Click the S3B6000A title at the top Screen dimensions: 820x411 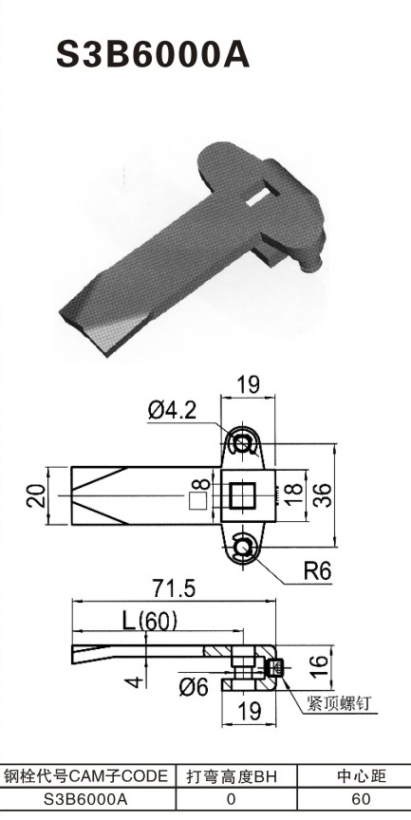pyautogui.click(x=153, y=55)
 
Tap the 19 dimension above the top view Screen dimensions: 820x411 pyautogui.click(x=248, y=385)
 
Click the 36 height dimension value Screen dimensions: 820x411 pyautogui.click(x=322, y=494)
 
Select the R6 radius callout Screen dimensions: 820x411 pyautogui.click(x=317, y=572)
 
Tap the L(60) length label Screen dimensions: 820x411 pyautogui.click(x=150, y=622)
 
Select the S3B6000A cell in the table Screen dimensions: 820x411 pyautogui.click(x=86, y=799)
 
